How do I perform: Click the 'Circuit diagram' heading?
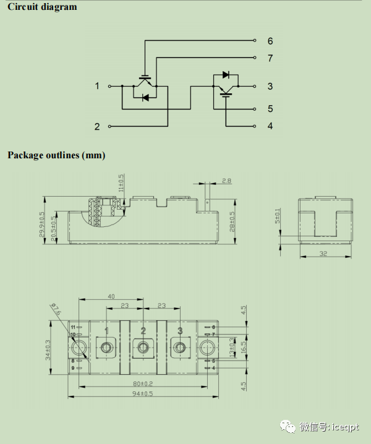[x=42, y=7]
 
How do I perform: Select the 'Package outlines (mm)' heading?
[x=56, y=155]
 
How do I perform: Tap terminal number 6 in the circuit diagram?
[x=270, y=41]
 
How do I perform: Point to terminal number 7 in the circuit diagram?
[x=270, y=58]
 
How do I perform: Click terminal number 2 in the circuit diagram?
[x=97, y=126]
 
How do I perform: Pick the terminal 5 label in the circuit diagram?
[x=270, y=109]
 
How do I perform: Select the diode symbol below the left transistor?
[x=145, y=97]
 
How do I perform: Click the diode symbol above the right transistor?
[x=226, y=75]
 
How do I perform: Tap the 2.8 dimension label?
[x=226, y=181]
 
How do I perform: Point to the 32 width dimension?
[x=322, y=254]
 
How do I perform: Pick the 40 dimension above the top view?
[x=111, y=296]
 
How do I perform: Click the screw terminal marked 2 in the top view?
[x=143, y=348]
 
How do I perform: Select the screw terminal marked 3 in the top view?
[x=179, y=348]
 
